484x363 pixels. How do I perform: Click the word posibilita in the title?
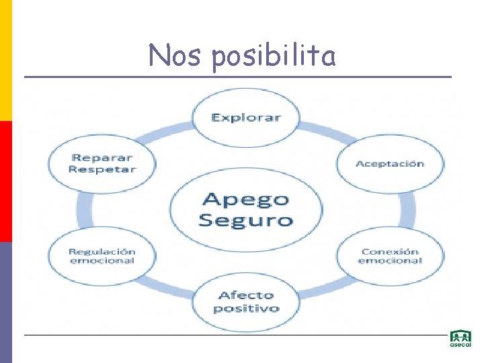(x=273, y=56)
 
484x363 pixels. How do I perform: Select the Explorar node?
(x=245, y=118)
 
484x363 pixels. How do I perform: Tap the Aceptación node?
(x=390, y=163)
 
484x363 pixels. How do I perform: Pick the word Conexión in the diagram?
(x=390, y=251)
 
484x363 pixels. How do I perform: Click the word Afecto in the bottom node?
(x=246, y=295)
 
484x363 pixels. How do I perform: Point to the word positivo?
(x=246, y=309)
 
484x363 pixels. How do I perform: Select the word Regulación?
(x=102, y=251)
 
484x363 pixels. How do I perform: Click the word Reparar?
(x=102, y=157)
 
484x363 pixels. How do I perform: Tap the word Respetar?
(x=102, y=169)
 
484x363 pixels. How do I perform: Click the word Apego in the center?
(x=246, y=199)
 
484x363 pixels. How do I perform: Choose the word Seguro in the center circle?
(x=246, y=219)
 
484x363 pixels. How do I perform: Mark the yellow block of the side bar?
(x=6, y=61)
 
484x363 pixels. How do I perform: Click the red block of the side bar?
(x=6, y=182)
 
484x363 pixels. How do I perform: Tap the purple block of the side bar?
(x=6, y=302)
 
